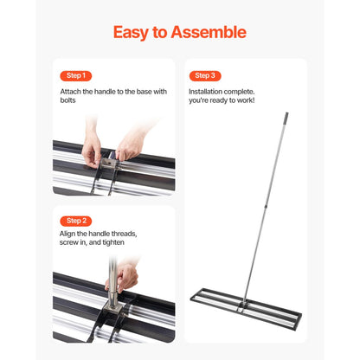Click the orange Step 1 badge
(x=74, y=75)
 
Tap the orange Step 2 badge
(x=74, y=221)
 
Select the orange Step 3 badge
(x=204, y=75)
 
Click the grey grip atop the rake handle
(x=286, y=115)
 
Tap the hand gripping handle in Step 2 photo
(x=126, y=274)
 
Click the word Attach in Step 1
(x=71, y=91)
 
